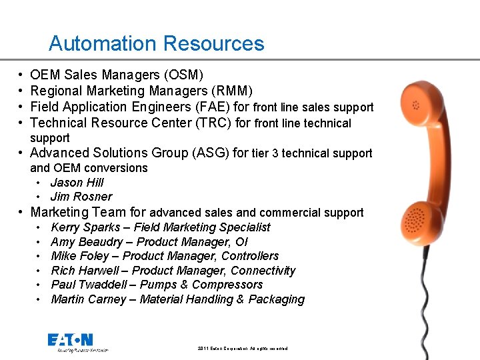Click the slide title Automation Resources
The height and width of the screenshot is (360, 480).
pos(156,44)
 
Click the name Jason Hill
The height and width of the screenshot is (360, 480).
pos(77,182)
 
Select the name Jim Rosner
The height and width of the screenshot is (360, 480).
pos(81,197)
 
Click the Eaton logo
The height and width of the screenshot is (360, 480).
pos(70,341)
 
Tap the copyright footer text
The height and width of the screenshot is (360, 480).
pos(243,349)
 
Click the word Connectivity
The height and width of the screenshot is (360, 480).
pos(263,271)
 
